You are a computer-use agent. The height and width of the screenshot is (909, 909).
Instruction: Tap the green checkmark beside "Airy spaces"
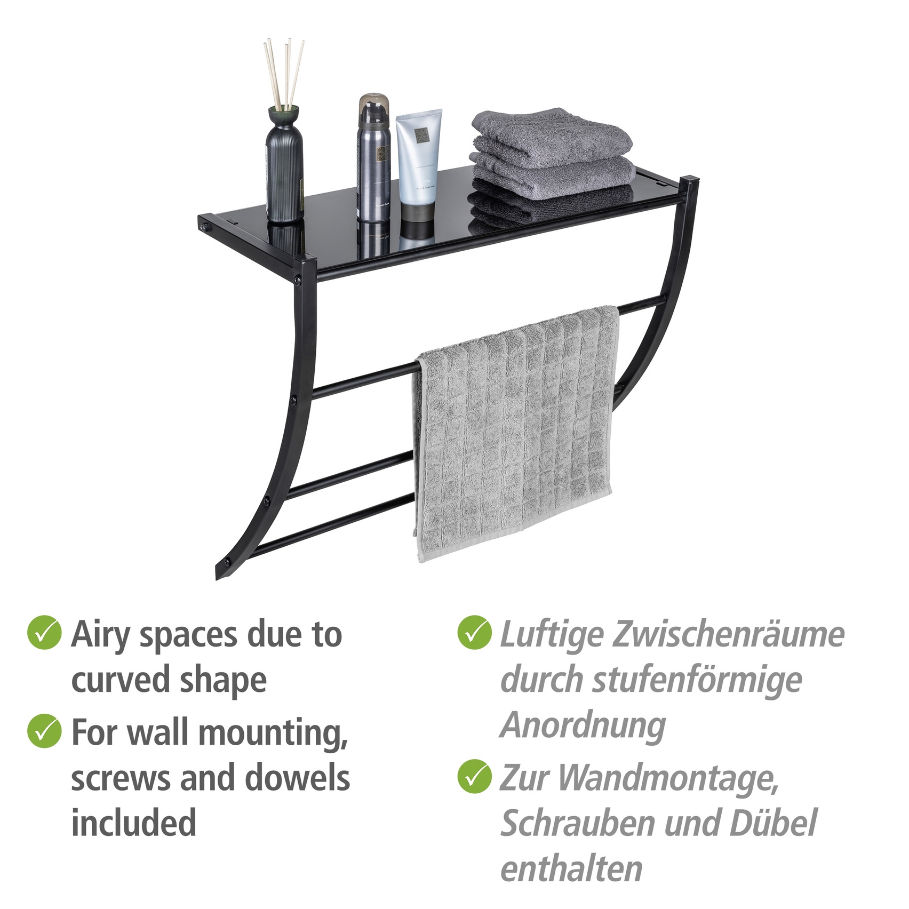(44, 633)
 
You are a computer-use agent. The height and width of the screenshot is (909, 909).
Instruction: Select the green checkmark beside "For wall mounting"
(44, 731)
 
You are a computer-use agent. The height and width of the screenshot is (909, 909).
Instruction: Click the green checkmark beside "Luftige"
(474, 633)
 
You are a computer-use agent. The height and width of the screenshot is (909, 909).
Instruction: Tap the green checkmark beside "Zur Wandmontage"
(474, 777)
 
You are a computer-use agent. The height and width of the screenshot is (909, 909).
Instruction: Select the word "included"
(134, 823)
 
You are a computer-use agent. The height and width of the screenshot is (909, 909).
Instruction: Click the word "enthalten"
(571, 868)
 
